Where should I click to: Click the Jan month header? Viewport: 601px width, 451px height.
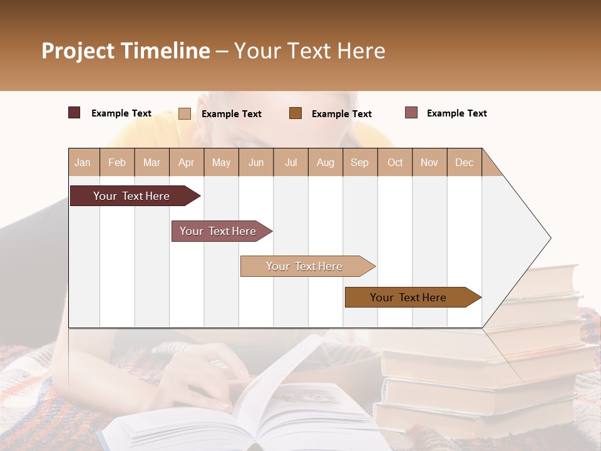(83, 162)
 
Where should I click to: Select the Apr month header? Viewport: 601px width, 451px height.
(187, 162)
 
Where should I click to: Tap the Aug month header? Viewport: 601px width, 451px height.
(325, 162)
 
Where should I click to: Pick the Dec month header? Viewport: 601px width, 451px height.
(464, 162)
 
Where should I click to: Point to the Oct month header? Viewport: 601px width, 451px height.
(395, 162)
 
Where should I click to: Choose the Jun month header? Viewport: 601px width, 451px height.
(256, 162)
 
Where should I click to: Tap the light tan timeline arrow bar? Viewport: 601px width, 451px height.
(305, 266)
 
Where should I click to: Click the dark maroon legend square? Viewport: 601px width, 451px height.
(74, 113)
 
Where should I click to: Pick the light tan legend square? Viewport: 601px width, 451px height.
(185, 113)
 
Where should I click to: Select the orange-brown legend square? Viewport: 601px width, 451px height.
(295, 113)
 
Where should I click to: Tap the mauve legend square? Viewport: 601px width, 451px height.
(411, 113)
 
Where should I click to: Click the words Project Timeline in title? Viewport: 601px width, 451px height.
(126, 51)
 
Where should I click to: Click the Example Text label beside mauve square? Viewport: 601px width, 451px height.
(456, 113)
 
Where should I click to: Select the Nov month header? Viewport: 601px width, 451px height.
(429, 162)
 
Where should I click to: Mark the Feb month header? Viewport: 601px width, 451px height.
(117, 162)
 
